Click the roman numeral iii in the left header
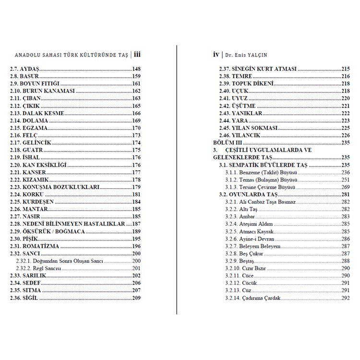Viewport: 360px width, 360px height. point(137,55)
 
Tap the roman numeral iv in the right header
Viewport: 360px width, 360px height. point(216,55)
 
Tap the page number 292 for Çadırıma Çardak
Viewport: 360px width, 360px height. point(345,298)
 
